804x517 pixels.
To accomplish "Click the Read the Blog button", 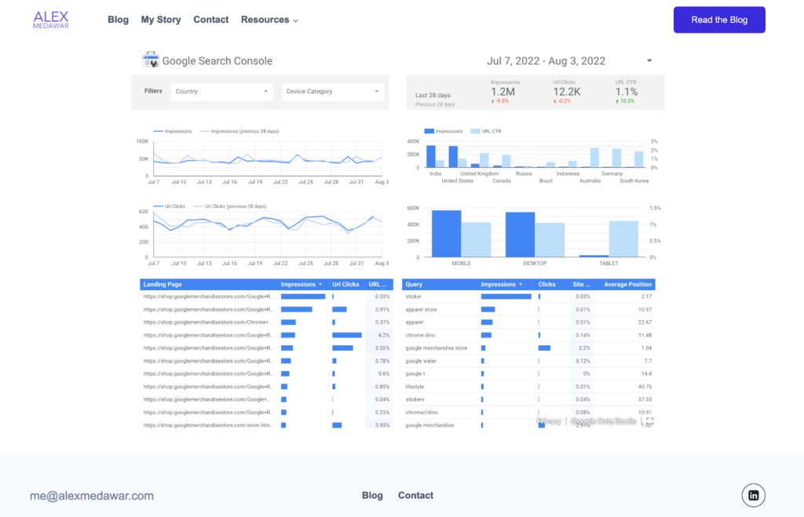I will [x=719, y=20].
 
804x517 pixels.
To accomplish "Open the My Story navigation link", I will [x=161, y=20].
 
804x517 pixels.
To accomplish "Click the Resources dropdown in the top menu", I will [x=269, y=20].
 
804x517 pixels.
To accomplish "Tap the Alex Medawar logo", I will [x=51, y=20].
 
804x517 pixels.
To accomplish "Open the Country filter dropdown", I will [x=223, y=92].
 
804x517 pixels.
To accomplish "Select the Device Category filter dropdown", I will [x=333, y=92].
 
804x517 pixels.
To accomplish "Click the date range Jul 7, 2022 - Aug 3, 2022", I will [x=546, y=61].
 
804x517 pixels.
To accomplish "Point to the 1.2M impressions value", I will [x=503, y=92].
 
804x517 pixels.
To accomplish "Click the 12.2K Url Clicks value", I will [x=567, y=92].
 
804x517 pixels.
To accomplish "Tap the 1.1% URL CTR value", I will [x=627, y=92].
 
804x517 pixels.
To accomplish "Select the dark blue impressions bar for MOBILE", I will [x=446, y=234].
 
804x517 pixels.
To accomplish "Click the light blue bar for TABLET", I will [x=623, y=238].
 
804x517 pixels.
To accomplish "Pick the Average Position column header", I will [x=627, y=285].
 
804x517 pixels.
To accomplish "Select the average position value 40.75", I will [x=645, y=387].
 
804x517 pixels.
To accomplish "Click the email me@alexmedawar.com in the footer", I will [x=92, y=496].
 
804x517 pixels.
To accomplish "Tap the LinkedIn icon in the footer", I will [x=753, y=495].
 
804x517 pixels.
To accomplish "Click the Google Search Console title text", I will [x=217, y=61].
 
